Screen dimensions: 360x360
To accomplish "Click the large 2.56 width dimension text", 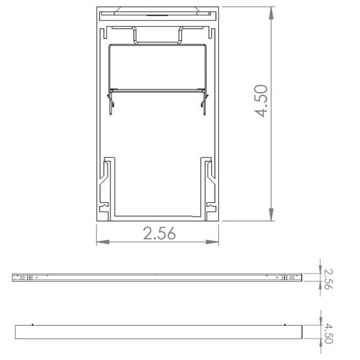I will pyautogui.click(x=159, y=234).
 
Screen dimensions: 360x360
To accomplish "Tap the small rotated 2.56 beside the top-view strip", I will pyautogui.click(x=328, y=278).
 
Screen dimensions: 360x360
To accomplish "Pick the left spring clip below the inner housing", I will pyautogui.click(x=112, y=101).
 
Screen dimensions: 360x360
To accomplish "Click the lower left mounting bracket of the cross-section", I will pyautogui.click(x=108, y=186).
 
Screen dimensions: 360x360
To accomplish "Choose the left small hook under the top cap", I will pyautogui.click(x=137, y=35).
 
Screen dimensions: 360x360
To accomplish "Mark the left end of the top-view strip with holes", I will pyautogui.click(x=24, y=278).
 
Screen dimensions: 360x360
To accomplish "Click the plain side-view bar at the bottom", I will pyautogui.click(x=159, y=332).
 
